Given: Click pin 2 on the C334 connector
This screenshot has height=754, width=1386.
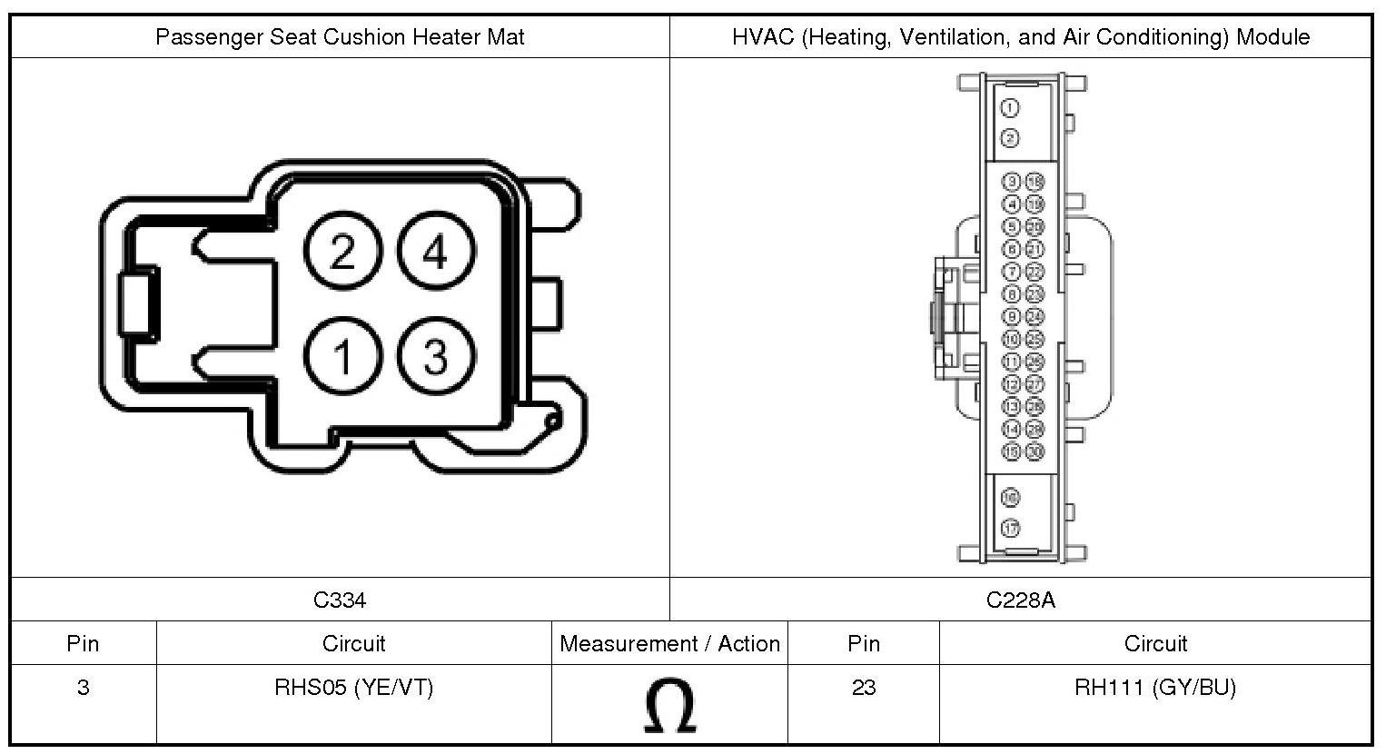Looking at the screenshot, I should (343, 251).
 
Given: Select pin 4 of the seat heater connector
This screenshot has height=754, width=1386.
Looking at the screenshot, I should (436, 251).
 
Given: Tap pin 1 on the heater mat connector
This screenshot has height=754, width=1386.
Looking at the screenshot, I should (343, 357).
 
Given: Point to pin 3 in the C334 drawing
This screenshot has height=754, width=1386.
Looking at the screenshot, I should (436, 357).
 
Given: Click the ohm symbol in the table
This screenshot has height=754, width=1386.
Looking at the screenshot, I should (669, 707).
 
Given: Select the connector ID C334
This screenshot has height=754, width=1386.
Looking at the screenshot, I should (340, 600).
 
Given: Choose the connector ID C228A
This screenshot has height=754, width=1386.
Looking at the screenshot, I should (1021, 600).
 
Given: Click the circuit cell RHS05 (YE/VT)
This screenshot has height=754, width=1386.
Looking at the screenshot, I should (354, 688).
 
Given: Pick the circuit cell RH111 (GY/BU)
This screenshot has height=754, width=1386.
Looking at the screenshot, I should (1155, 688).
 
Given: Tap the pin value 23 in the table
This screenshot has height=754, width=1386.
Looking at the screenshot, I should (863, 688).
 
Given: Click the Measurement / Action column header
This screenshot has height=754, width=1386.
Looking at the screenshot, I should (669, 644).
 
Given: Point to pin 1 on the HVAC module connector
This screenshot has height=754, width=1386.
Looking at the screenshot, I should (1010, 108).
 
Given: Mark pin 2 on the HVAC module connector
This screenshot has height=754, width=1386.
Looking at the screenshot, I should (1010, 138).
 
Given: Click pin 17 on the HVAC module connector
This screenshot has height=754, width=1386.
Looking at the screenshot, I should (1010, 528).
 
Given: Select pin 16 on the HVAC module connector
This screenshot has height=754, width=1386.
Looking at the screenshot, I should (1010, 498).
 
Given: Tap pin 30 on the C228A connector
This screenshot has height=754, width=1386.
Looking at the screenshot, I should (1035, 451).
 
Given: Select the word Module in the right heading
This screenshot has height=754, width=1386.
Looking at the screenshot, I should (1275, 37).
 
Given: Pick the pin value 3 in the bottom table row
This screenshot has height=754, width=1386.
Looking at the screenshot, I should (83, 688).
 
